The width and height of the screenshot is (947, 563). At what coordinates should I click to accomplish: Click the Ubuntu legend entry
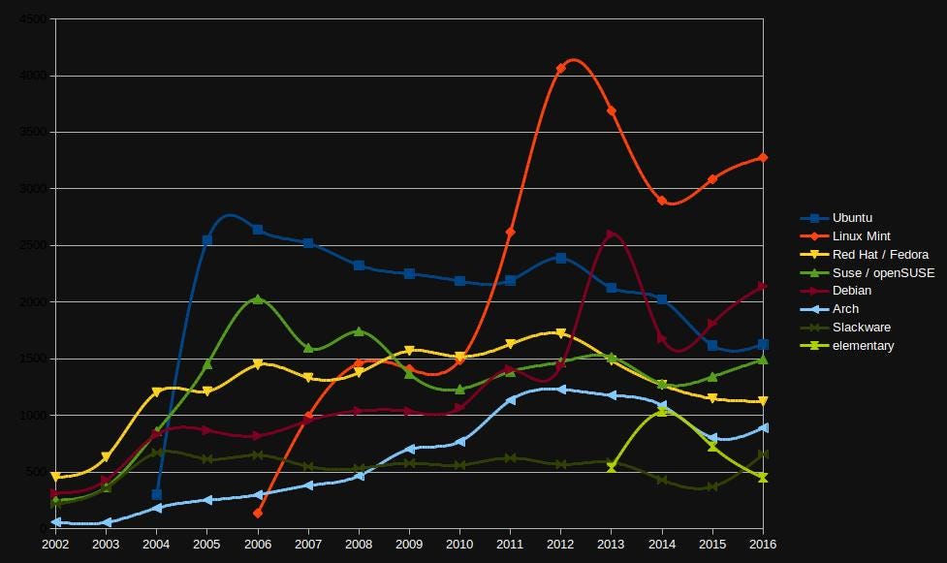coord(852,218)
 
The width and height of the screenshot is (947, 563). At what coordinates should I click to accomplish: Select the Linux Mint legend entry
coord(861,236)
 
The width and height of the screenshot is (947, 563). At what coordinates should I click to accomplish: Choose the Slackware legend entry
coord(861,328)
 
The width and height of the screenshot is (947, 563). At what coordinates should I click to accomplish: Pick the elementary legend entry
coord(863,346)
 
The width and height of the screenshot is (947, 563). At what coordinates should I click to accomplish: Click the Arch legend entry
coord(845,309)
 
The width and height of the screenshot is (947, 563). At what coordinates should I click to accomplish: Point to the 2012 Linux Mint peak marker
coord(561,69)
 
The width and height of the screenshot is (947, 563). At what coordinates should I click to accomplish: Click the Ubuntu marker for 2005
coord(207,240)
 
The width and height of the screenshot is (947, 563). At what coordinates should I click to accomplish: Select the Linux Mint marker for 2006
coord(258,513)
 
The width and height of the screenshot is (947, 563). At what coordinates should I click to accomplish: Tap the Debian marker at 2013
coord(611,235)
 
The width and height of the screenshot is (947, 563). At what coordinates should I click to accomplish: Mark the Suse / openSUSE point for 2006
coord(258,299)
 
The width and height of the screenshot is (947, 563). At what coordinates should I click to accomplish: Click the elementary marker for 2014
coord(662,411)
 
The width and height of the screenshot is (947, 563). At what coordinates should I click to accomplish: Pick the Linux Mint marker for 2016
coord(763,157)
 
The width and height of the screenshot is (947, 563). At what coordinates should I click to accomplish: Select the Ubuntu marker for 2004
coord(157,494)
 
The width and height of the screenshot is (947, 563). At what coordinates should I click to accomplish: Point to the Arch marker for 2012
coord(561,390)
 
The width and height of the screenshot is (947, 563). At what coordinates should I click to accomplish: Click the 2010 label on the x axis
coord(459,544)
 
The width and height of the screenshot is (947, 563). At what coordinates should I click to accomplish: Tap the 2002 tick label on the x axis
coord(55,544)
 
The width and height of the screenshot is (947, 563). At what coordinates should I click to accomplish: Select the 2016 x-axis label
coord(763,544)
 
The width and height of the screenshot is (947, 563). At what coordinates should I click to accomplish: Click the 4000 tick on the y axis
coord(32,76)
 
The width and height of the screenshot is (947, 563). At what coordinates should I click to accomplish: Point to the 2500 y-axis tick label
coord(32,245)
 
